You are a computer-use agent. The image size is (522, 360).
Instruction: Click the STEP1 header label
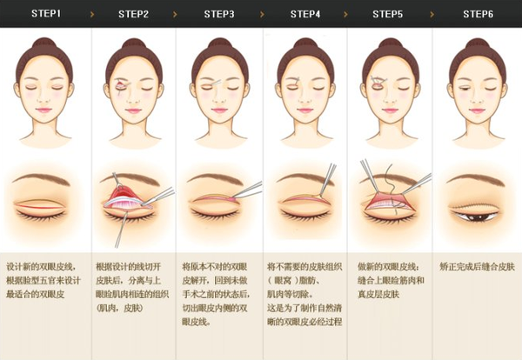coord(46,13)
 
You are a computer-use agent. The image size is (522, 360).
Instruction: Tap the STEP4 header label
coord(305,14)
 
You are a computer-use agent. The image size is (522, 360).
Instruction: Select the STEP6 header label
coord(478,14)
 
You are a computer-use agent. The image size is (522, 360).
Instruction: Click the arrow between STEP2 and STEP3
coord(175,14)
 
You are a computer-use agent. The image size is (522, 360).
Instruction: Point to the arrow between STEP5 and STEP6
coord(432,14)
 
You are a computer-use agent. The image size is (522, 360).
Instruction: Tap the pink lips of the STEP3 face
coord(219,110)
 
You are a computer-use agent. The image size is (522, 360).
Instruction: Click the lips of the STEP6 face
coord(478,110)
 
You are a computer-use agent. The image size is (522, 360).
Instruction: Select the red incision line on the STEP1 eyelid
coord(40,207)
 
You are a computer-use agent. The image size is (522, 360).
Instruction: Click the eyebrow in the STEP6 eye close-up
coord(475,179)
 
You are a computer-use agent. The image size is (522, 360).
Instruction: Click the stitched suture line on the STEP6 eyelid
coord(474,205)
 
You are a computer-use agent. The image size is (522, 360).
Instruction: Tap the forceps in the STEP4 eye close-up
coord(328,180)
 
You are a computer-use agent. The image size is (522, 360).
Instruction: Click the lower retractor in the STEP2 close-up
coord(121,230)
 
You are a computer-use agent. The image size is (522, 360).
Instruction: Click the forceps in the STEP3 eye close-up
coord(247,190)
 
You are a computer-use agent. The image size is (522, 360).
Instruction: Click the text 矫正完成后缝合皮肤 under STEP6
coord(477,266)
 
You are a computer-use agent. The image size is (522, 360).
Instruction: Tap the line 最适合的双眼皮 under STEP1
coord(36,294)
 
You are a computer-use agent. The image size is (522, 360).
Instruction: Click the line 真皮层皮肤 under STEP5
coord(378,294)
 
